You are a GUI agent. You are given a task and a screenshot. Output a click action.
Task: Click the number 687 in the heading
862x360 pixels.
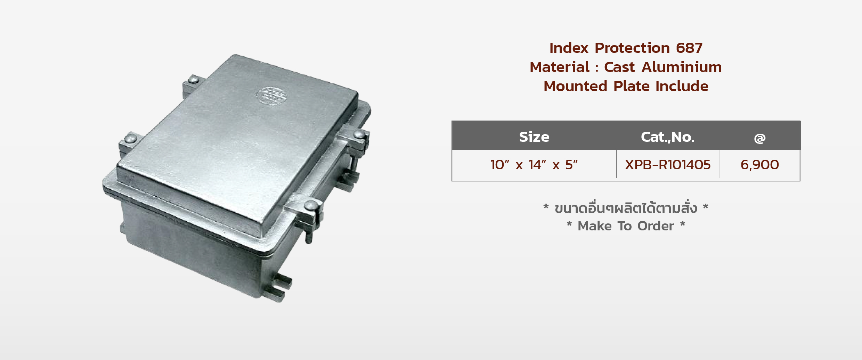689,48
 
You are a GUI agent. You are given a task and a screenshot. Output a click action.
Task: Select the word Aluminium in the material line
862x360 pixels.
682,67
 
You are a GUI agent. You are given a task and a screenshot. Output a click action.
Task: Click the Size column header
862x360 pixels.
534,137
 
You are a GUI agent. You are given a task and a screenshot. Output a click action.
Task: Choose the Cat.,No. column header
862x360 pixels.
667,137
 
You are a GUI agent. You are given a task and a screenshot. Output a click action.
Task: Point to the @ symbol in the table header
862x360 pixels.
759,138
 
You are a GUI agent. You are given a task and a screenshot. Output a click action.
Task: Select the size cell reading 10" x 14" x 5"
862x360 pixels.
534,165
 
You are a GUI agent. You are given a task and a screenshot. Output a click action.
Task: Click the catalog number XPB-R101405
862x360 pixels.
668,165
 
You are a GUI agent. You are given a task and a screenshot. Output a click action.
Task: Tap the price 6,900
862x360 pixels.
760,165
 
